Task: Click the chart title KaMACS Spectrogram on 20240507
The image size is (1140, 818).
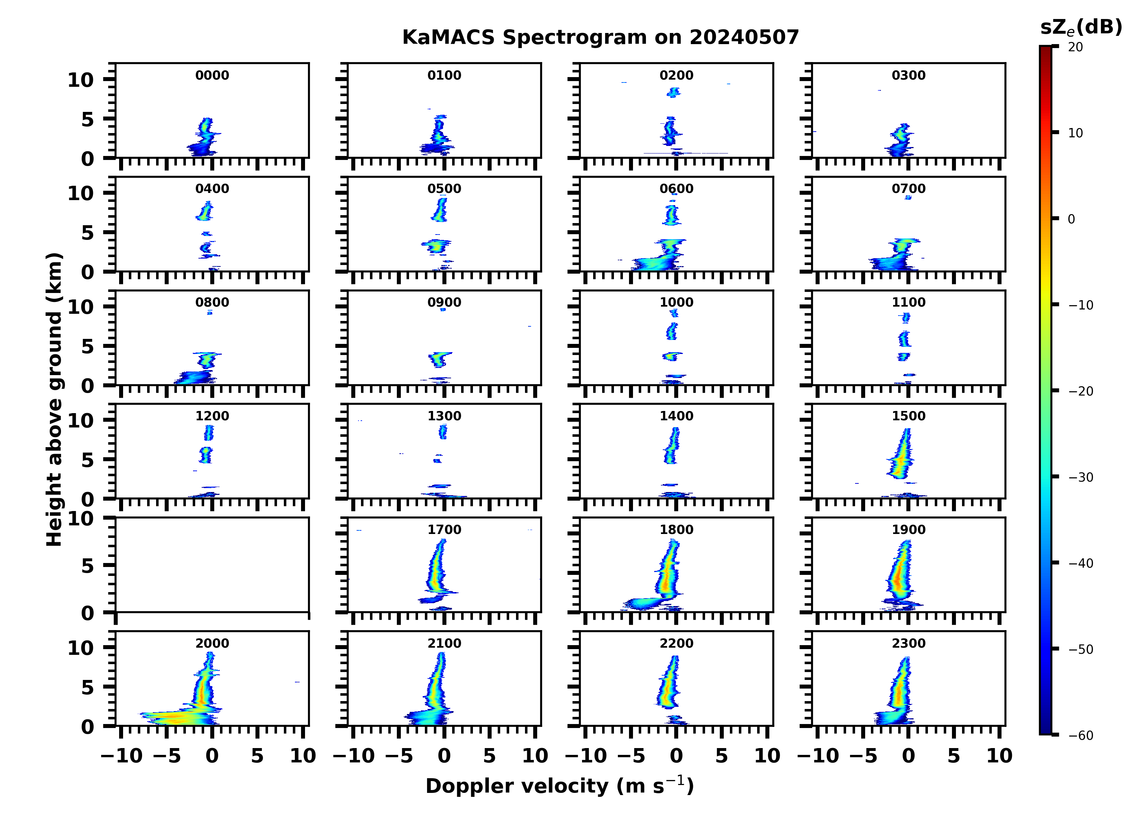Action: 600,38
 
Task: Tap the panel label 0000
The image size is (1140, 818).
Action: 212,75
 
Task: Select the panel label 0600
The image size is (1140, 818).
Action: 676,189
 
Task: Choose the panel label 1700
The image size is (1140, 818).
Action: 444,530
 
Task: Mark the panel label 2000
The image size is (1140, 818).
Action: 212,643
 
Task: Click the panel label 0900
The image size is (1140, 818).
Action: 444,302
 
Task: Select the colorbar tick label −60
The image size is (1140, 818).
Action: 1080,736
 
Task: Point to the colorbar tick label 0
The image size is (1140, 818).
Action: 1071,219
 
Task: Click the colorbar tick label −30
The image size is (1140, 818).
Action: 1080,477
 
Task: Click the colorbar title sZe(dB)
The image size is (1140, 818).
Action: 1081,28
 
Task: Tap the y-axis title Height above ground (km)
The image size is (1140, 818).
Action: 54,399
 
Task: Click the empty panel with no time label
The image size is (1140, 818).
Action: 212,565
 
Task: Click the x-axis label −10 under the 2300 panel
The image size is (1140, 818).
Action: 818,756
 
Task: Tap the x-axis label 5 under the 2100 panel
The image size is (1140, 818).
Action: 489,756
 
